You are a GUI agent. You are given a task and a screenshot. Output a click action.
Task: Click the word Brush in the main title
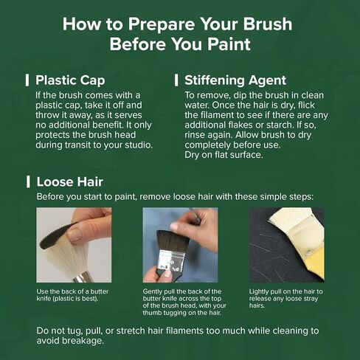pos(268,24)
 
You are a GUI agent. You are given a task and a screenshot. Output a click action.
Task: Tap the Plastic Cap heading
pos(70,80)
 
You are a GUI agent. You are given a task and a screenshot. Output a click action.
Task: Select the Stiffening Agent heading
pos(235,80)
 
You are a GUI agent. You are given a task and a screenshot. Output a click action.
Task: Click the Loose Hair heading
pos(69,181)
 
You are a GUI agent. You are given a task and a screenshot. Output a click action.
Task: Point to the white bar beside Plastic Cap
pos(27,80)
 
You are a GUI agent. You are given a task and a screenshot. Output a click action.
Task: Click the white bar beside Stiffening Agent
pos(176,80)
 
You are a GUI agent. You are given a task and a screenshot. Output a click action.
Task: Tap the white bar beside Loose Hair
pos(28,181)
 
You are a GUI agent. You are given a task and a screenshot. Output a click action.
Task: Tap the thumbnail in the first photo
pos(75,235)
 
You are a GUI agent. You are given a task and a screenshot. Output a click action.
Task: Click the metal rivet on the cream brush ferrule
pos(307,251)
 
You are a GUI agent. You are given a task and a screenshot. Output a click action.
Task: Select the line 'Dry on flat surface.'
pos(224,155)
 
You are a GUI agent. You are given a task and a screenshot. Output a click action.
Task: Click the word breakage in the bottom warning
pos(83,341)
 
